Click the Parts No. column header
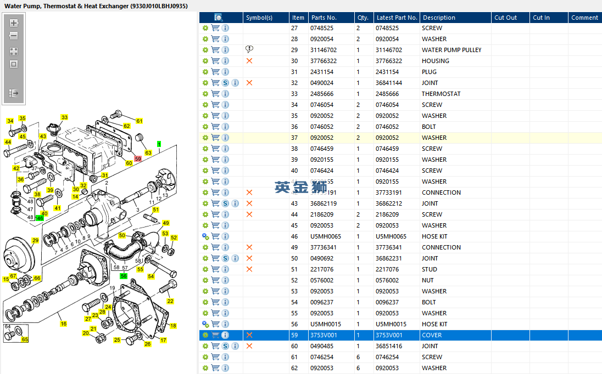(324, 18)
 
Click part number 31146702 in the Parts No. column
(324, 50)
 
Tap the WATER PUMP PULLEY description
(451, 50)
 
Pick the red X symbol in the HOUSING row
(249, 61)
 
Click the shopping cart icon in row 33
(215, 94)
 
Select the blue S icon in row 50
(225, 258)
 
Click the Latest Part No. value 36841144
(391, 83)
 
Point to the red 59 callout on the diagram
(138, 158)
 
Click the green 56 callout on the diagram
(124, 276)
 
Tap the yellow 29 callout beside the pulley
(35, 240)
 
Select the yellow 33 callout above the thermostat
(64, 117)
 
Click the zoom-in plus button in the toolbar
(14, 23)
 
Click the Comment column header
(584, 18)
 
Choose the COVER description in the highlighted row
(432, 335)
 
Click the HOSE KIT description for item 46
(434, 236)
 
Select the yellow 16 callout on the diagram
(63, 324)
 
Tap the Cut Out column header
(505, 18)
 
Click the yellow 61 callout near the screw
(139, 121)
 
